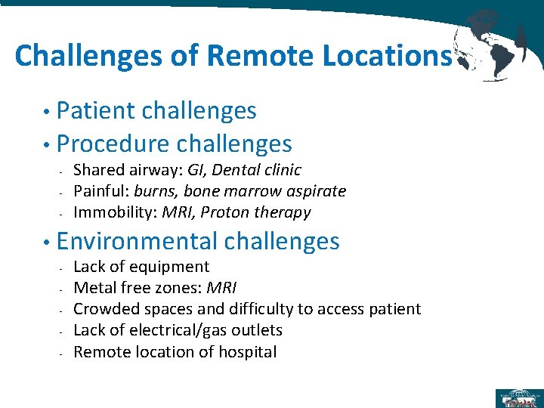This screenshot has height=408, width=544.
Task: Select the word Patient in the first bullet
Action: pos(96,111)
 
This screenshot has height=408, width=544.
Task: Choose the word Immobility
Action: pos(110,212)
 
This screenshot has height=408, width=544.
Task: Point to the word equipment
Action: pos(169,267)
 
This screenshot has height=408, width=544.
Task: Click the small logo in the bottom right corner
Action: pos(517,397)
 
